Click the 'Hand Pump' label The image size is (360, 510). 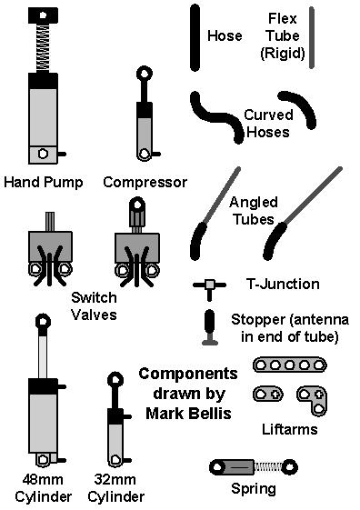(x=43, y=182)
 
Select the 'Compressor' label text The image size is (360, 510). (x=145, y=182)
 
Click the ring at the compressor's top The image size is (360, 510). (x=144, y=74)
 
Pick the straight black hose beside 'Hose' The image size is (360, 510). (x=195, y=36)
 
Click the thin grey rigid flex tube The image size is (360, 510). (x=312, y=36)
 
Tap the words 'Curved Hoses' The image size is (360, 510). (x=266, y=124)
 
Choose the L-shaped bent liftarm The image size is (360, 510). (x=315, y=398)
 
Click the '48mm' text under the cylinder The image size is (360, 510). (x=37, y=480)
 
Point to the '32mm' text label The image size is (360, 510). (x=115, y=480)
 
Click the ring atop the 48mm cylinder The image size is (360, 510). (x=41, y=321)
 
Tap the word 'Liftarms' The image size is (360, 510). (x=288, y=429)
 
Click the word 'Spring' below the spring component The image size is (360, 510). (x=253, y=488)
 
